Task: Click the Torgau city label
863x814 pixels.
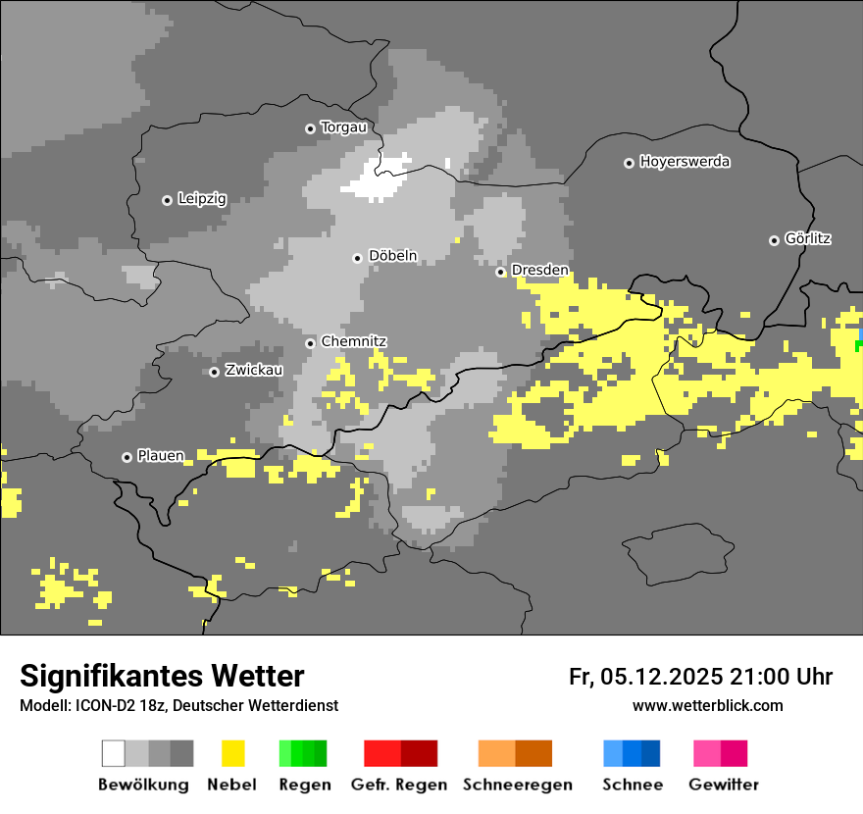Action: click(343, 127)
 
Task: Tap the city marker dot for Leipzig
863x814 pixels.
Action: click(167, 200)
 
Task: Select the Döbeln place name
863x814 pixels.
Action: click(392, 256)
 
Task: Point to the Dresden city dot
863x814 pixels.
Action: click(500, 272)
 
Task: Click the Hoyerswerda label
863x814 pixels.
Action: click(685, 162)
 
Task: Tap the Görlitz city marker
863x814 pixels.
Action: click(774, 240)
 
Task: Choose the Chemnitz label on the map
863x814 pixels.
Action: click(354, 342)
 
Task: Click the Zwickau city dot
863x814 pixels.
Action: click(214, 372)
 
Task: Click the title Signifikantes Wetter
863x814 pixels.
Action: click(162, 676)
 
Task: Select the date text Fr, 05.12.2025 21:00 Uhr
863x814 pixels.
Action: click(700, 677)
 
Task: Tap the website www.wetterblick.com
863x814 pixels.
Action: click(707, 705)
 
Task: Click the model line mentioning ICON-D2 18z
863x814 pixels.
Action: click(178, 705)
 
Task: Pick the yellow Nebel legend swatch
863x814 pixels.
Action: click(232, 753)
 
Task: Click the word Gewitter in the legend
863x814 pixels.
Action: click(723, 785)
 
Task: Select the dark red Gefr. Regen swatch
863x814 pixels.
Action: click(419, 753)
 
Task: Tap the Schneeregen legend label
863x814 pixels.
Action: click(517, 785)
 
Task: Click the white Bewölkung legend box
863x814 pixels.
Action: click(114, 753)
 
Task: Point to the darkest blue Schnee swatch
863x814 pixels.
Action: click(650, 753)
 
